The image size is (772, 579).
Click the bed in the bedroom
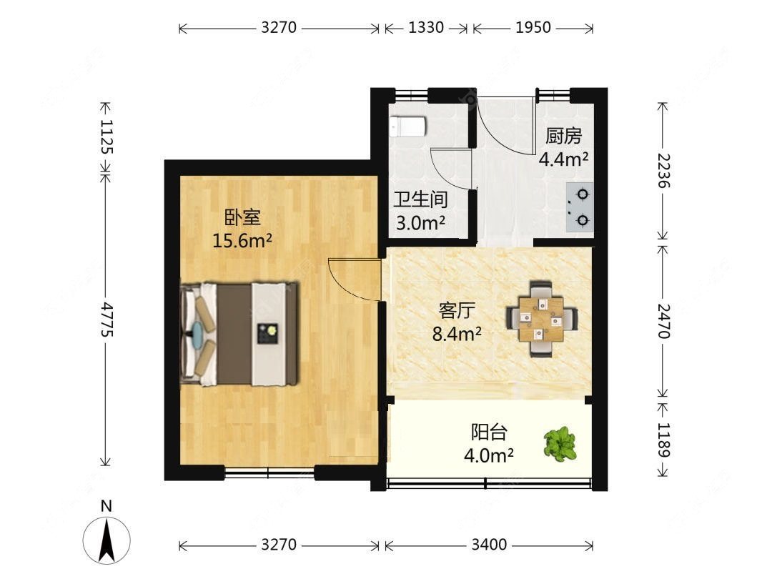pyautogui.click(x=239, y=334)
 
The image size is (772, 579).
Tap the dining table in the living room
pyautogui.click(x=542, y=319)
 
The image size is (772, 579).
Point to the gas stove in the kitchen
pyautogui.click(x=580, y=207)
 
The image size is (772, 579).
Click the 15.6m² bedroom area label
pyautogui.click(x=242, y=241)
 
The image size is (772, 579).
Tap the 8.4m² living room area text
pyautogui.click(x=457, y=335)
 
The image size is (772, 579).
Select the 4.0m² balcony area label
pyautogui.click(x=488, y=455)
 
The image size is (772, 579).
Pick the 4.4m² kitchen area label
pyautogui.click(x=563, y=159)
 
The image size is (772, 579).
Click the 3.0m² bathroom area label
pyautogui.click(x=420, y=223)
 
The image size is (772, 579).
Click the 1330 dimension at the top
pyautogui.click(x=426, y=27)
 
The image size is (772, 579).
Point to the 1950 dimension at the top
pyautogui.click(x=533, y=27)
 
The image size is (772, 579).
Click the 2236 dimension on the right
pyautogui.click(x=663, y=170)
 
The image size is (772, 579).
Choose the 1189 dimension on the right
pyautogui.click(x=663, y=440)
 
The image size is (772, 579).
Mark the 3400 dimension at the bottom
pyautogui.click(x=489, y=544)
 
